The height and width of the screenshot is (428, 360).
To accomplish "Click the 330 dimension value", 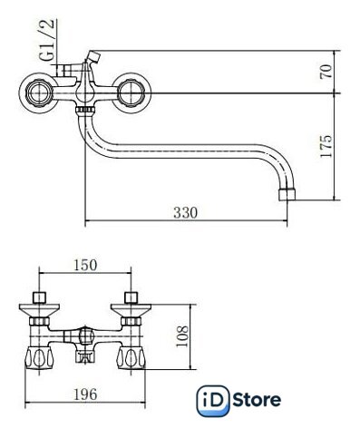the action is pyautogui.click(x=185, y=213).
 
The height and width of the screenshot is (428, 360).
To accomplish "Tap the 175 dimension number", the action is pyautogui.click(x=326, y=146).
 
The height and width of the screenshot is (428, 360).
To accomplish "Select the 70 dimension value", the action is pyautogui.click(x=326, y=72).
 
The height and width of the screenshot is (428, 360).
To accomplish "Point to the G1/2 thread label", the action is pyautogui.click(x=47, y=40).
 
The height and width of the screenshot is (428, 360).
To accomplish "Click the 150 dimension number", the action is pyautogui.click(x=85, y=265).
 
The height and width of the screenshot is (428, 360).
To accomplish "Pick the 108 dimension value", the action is pyautogui.click(x=182, y=336).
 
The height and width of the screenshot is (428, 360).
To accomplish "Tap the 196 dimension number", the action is pyautogui.click(x=85, y=394).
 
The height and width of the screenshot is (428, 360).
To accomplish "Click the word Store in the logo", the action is pyautogui.click(x=257, y=400).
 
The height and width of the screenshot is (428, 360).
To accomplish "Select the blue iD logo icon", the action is pyautogui.click(x=213, y=401).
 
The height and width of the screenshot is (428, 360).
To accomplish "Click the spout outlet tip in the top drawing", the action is pyautogui.click(x=287, y=194).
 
